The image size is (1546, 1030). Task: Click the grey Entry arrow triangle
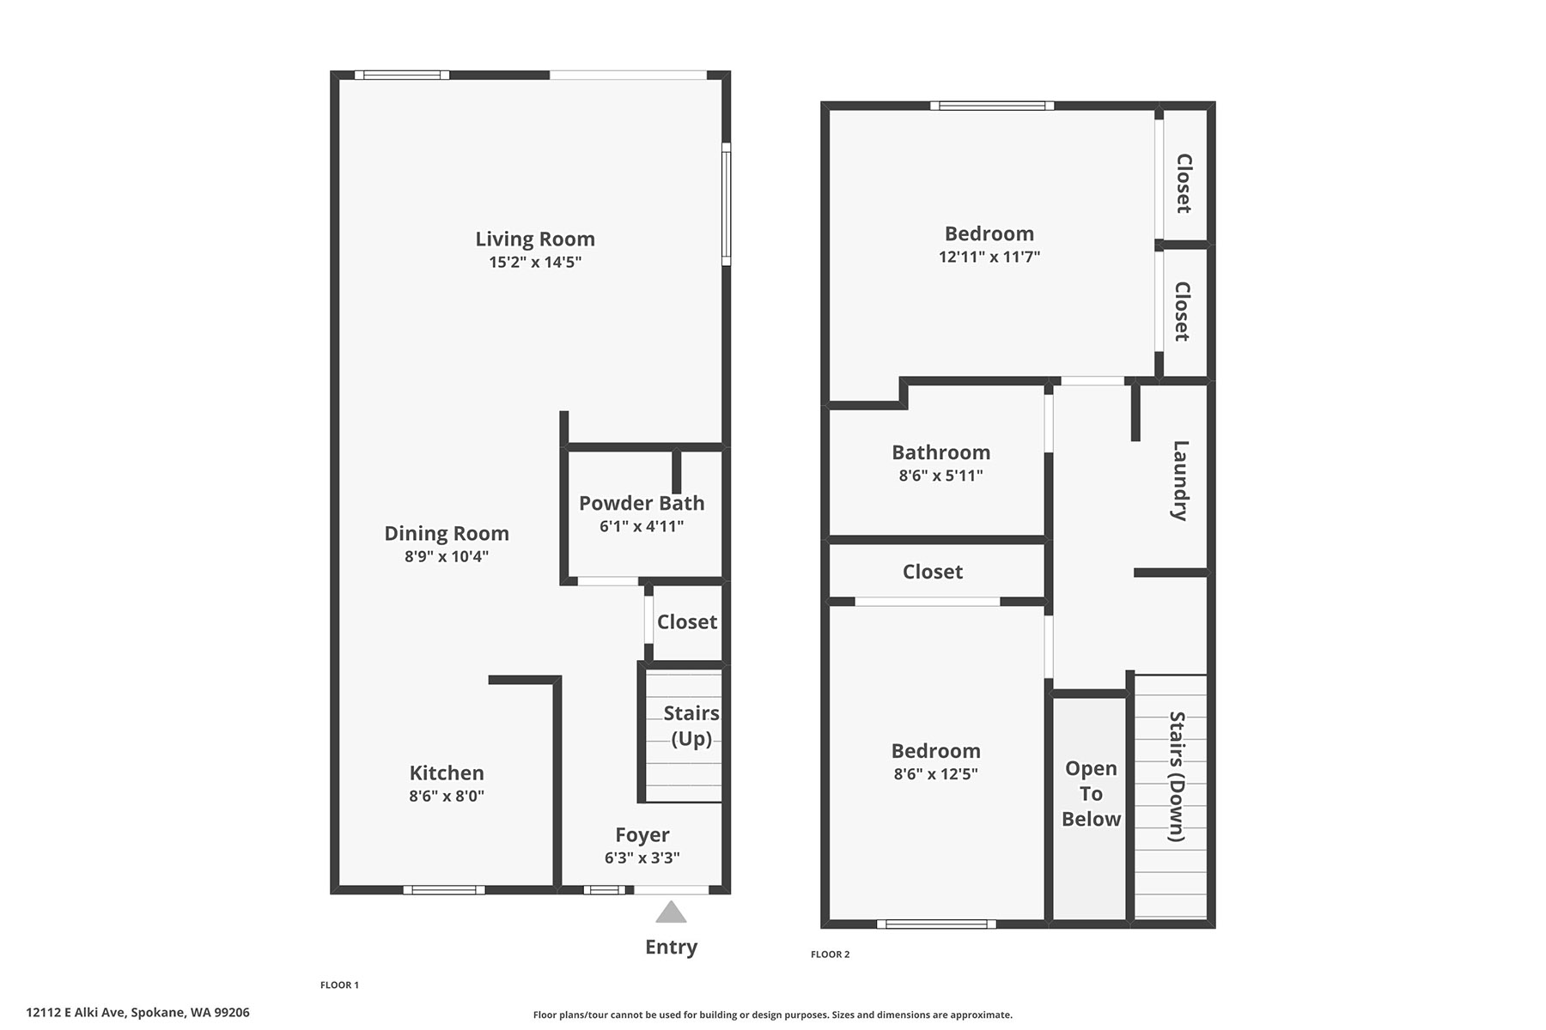click(x=671, y=912)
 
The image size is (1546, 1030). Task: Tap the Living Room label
click(x=535, y=239)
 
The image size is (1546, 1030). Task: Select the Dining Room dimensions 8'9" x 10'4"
click(x=447, y=556)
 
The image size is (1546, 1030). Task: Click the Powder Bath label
click(x=642, y=503)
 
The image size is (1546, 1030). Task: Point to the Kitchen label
click(x=447, y=772)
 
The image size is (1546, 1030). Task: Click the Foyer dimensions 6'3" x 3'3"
click(x=642, y=857)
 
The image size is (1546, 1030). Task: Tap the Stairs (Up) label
click(x=691, y=726)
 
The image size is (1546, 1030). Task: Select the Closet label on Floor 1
click(x=687, y=621)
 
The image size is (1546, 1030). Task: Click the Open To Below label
click(x=1091, y=794)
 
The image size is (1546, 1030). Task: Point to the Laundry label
click(x=1181, y=481)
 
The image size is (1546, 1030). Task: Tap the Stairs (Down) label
click(x=1177, y=777)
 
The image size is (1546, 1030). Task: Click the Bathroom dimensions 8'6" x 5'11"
click(x=941, y=476)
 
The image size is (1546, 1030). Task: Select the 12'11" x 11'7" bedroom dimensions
click(x=989, y=257)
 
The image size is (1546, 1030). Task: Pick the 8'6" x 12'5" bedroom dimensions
click(x=936, y=774)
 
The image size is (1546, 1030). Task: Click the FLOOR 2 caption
click(x=831, y=954)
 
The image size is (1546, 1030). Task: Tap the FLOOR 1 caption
click(x=339, y=985)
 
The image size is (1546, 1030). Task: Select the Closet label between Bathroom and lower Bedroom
click(x=933, y=572)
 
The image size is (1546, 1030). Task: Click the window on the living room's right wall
click(x=726, y=204)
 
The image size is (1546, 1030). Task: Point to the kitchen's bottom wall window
click(x=444, y=890)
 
